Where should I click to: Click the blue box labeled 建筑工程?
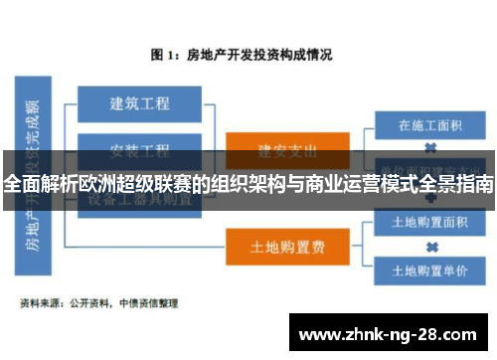[139, 103]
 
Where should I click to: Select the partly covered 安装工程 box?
[139, 150]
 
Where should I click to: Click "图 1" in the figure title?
[163, 54]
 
